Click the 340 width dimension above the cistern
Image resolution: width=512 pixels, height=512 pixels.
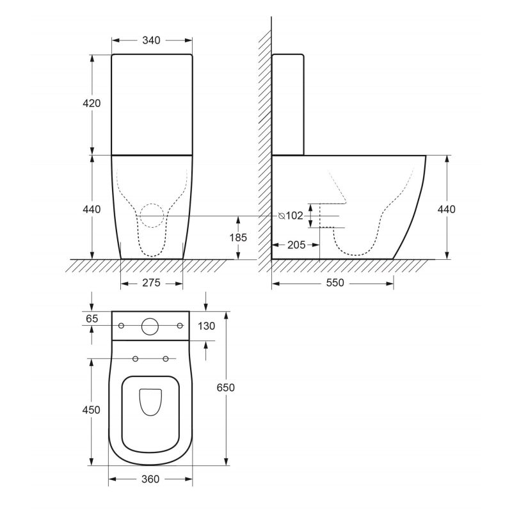click(151, 40)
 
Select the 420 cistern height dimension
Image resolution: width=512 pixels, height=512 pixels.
click(92, 103)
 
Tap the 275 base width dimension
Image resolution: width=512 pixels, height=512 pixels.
click(151, 284)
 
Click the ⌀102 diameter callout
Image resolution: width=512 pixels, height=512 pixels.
click(291, 216)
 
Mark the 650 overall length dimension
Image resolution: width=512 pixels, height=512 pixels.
click(225, 388)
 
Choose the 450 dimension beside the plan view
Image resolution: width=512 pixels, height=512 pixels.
click(92, 410)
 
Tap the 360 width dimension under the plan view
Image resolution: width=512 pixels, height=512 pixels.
click(150, 479)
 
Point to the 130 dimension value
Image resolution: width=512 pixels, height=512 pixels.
click(206, 326)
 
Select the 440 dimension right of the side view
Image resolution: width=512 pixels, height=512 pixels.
click(446, 209)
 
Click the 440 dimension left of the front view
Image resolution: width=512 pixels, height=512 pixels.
click(92, 209)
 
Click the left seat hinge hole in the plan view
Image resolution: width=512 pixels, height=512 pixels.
click(135, 358)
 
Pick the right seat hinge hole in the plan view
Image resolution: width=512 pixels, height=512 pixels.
click(166, 358)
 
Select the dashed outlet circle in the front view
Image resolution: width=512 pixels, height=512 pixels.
click(151, 216)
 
